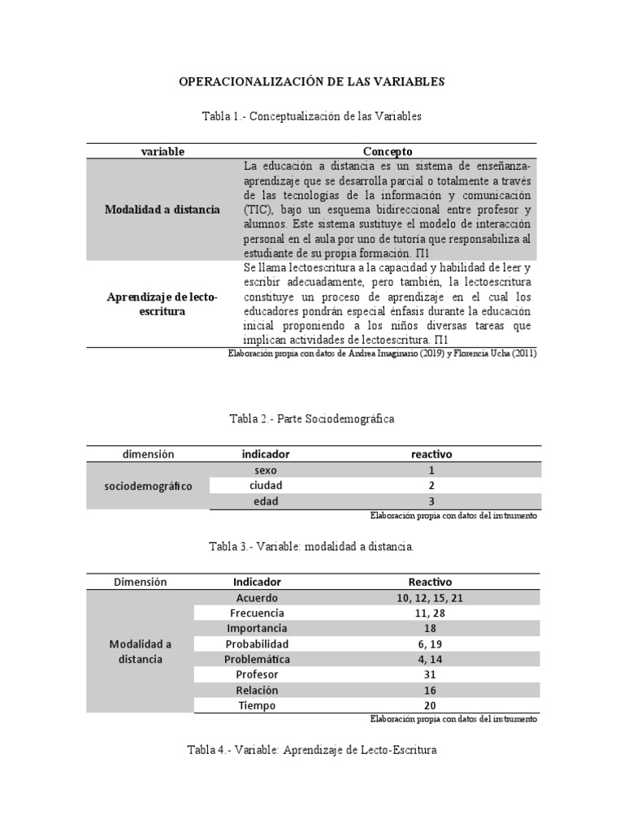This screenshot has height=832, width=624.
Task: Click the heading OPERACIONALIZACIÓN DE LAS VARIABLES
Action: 311,81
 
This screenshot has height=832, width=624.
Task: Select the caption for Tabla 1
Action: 311,117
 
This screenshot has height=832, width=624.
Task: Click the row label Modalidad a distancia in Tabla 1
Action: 162,210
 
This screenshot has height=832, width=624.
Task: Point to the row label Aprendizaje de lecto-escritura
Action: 162,304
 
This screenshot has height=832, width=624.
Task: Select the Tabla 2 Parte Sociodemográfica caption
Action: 311,418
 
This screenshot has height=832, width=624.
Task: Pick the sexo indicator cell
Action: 266,470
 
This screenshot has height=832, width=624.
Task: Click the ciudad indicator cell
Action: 266,485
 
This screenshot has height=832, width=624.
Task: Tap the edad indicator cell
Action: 266,501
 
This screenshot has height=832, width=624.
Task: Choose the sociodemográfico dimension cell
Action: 149,486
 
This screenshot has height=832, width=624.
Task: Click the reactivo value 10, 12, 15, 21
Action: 431,598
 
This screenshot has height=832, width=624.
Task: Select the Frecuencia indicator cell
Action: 257,613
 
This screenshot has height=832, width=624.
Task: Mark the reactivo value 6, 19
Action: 431,643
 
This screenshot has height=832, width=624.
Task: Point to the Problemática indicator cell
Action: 257,659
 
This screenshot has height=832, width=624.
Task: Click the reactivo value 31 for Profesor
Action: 431,674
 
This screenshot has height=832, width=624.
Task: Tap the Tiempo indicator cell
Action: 257,705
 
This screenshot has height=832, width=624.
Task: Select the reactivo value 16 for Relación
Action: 431,690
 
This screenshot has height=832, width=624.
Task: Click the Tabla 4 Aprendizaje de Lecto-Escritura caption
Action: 311,750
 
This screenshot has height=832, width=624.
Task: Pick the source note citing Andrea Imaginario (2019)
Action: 383,354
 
